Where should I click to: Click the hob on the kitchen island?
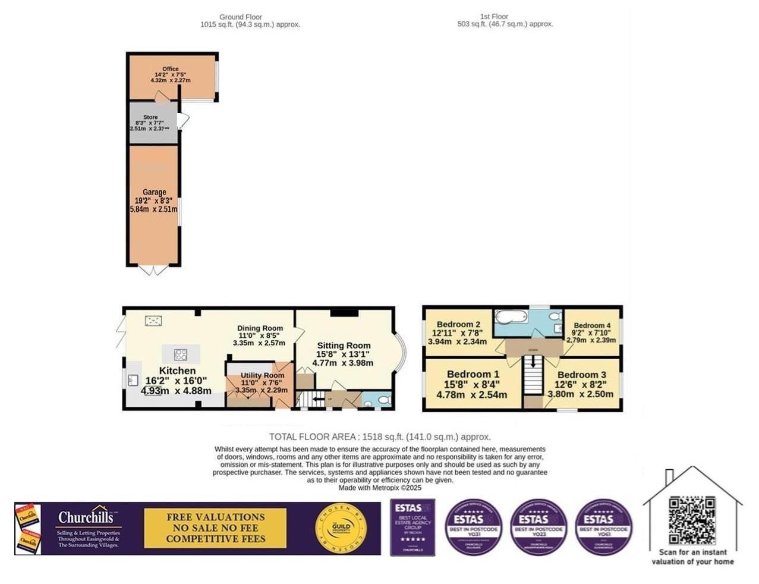pyautogui.click(x=181, y=355)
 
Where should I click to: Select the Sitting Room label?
pyautogui.click(x=344, y=346)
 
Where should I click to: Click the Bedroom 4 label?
pyautogui.click(x=591, y=325)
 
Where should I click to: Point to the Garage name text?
pyautogui.click(x=154, y=192)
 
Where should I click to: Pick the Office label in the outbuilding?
pyautogui.click(x=171, y=69)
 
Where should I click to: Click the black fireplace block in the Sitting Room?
pyautogui.click(x=343, y=313)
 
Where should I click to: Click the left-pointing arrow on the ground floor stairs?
pyautogui.click(x=316, y=399)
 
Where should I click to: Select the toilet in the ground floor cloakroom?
pyautogui.click(x=383, y=399)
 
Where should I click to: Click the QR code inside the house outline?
pyautogui.click(x=692, y=520)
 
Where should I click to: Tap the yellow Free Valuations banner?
pyautogui.click(x=215, y=528)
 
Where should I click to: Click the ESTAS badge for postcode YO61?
pyautogui.click(x=603, y=528)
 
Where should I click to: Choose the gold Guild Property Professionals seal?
pyautogui.click(x=341, y=529)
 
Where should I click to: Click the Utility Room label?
pyautogui.click(x=262, y=375)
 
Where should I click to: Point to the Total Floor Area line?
pyautogui.click(x=380, y=437)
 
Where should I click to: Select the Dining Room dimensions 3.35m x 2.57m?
pyautogui.click(x=259, y=343)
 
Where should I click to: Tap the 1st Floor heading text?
pyautogui.click(x=494, y=17)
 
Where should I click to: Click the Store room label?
pyautogui.click(x=150, y=117)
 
